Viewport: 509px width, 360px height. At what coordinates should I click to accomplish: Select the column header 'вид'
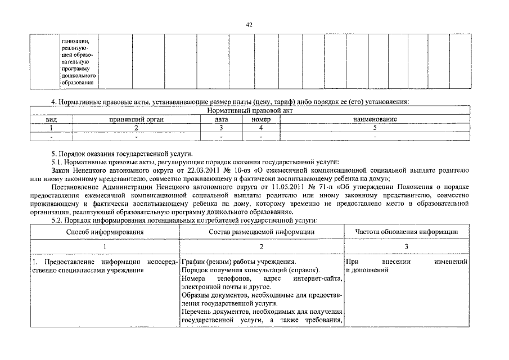[x=51, y=120]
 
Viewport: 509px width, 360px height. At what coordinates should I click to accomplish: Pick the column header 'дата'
[x=221, y=120]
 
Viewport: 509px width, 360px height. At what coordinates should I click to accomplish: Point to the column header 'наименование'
[x=375, y=120]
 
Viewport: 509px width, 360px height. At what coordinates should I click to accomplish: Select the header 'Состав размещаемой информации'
[x=262, y=231]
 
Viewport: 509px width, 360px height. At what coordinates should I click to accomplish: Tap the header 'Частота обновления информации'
[x=406, y=231]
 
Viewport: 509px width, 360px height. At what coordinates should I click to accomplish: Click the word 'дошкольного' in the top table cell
[x=78, y=75]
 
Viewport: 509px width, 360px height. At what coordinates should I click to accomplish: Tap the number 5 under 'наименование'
[x=375, y=128]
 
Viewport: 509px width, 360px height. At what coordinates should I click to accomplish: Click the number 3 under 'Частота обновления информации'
[x=406, y=246]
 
